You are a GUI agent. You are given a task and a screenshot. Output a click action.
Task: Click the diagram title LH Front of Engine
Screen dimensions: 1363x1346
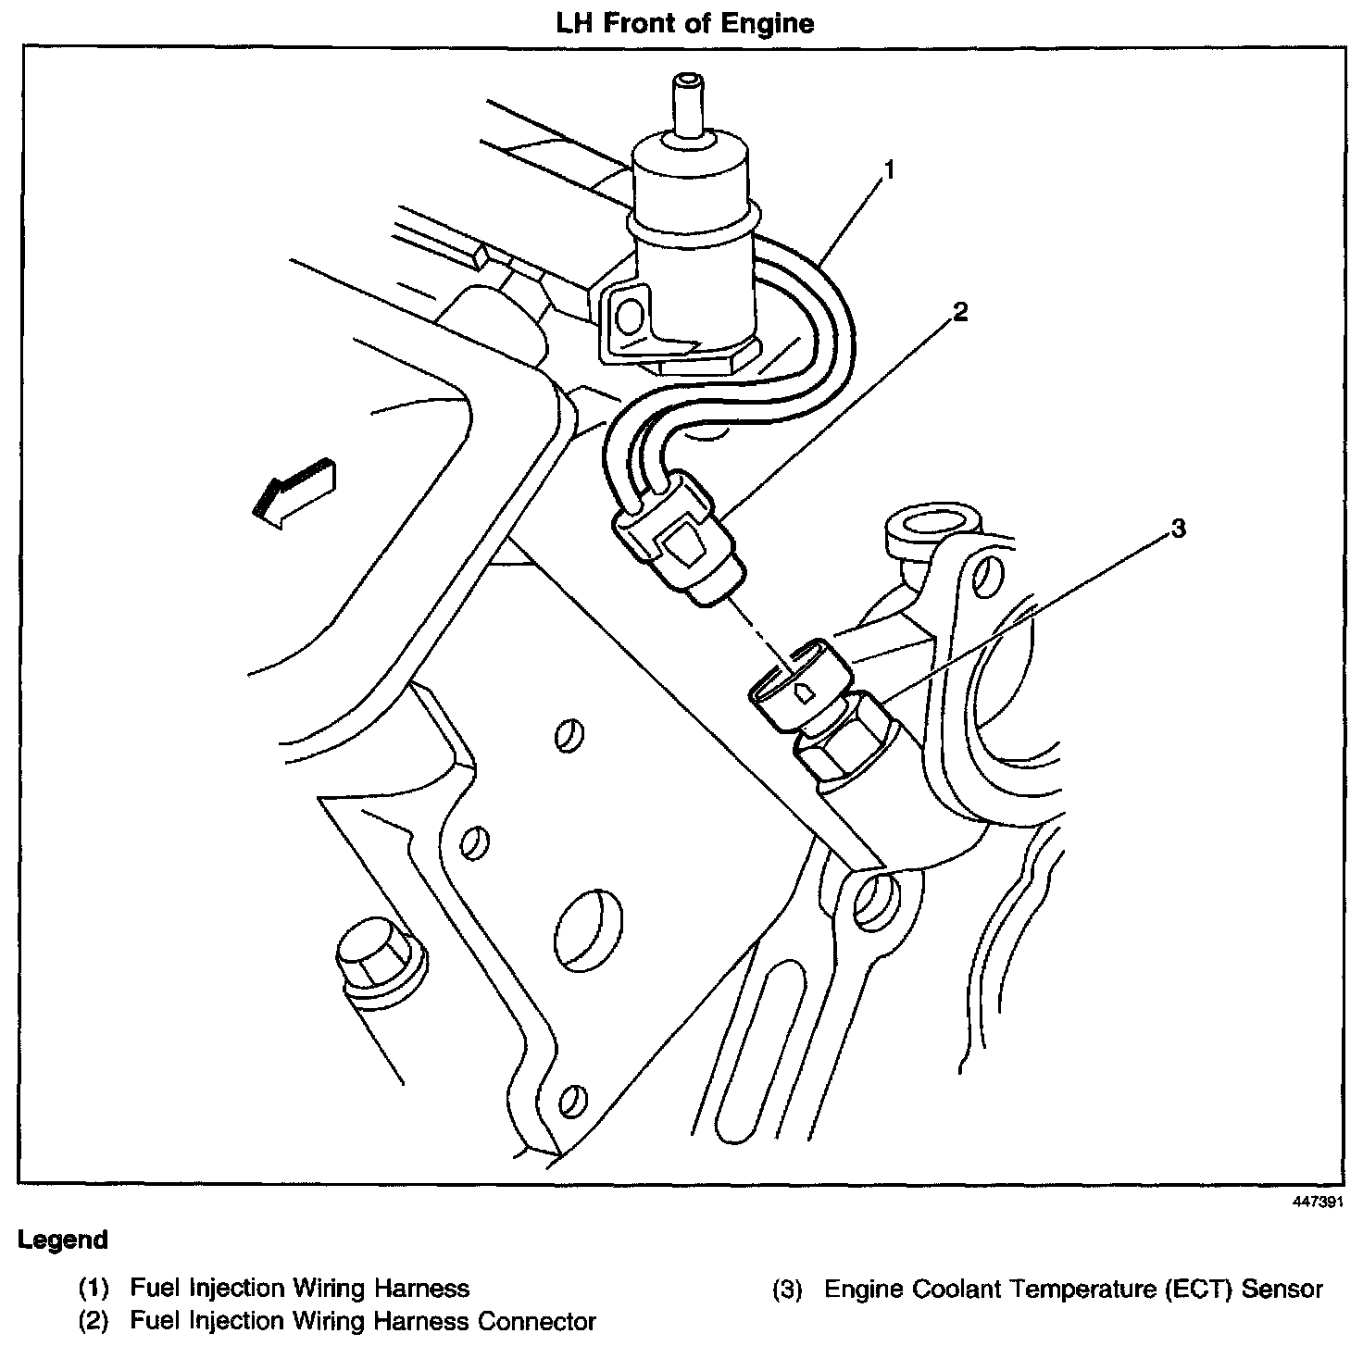(x=684, y=22)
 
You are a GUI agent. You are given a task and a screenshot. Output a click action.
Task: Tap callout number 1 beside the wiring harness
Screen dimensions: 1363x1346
(x=889, y=170)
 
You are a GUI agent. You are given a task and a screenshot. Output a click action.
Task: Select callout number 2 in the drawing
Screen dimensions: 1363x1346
(x=960, y=313)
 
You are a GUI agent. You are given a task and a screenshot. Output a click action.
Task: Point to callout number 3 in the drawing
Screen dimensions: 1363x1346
(x=1178, y=529)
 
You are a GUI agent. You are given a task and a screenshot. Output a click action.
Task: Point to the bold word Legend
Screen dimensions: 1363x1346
(x=63, y=1240)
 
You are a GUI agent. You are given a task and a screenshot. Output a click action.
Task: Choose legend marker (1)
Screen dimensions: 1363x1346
(x=94, y=1288)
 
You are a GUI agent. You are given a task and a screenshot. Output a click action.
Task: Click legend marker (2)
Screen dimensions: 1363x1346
(x=94, y=1321)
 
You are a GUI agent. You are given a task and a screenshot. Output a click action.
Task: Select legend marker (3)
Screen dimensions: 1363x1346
(x=786, y=1289)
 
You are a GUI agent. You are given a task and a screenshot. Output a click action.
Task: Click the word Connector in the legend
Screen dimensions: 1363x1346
(x=536, y=1321)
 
